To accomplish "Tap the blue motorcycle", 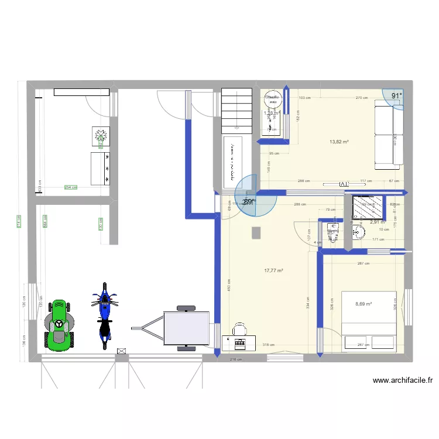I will click(x=105, y=315).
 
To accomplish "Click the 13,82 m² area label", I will click(x=339, y=142).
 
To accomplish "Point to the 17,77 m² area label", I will click(x=273, y=270).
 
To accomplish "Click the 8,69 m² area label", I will click(x=363, y=304).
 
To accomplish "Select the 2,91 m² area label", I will click(x=378, y=222).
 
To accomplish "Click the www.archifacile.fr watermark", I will click(x=403, y=380).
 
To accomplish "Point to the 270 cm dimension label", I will click(x=362, y=98).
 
